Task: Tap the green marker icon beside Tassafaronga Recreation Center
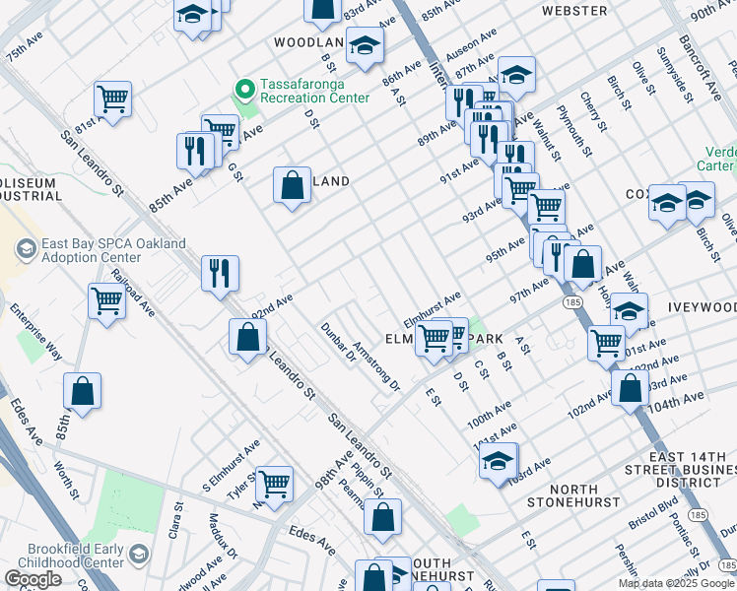pos(243,91)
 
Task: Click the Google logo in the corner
pos(33,579)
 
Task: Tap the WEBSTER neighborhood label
pos(574,11)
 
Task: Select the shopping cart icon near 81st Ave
pos(113,98)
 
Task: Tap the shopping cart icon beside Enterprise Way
pos(106,301)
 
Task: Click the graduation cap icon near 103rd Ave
pos(499,460)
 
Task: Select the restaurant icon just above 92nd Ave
pos(220,273)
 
